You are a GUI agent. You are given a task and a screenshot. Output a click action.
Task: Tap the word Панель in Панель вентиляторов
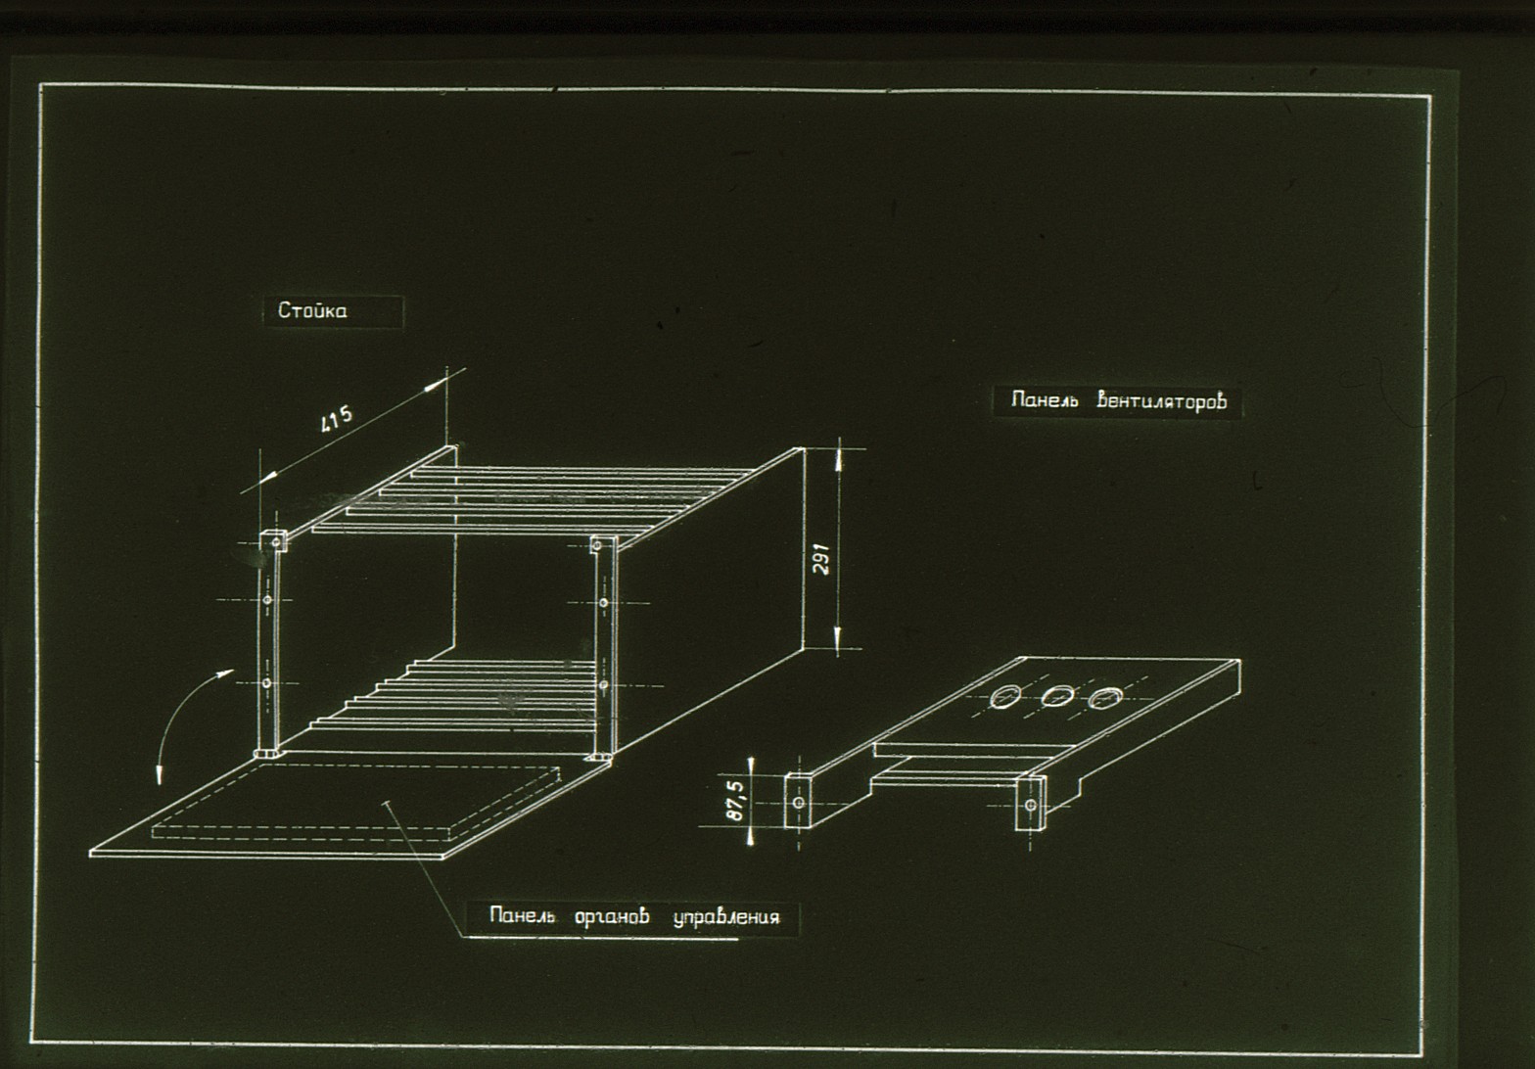coord(1045,400)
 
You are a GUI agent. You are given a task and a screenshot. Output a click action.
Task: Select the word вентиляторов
coord(1161,400)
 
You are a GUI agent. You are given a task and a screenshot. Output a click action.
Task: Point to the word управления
coord(726,917)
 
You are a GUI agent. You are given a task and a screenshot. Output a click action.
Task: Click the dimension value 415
coord(337,419)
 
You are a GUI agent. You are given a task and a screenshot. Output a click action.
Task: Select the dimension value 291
coord(822,559)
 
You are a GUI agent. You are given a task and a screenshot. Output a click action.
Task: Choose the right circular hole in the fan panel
coord(1104,698)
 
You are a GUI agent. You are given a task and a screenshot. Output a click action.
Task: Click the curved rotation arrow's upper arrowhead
coord(224,674)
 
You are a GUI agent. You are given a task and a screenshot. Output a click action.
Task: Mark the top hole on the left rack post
coord(275,542)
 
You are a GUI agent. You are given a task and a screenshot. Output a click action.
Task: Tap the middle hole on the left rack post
coord(268,600)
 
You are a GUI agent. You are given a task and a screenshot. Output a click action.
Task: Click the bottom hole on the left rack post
coord(267,683)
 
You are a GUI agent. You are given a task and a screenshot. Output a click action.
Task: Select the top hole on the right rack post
coord(597,545)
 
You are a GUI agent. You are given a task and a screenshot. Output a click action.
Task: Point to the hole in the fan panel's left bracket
coord(799,803)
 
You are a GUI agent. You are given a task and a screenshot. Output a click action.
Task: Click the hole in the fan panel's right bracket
coord(1031,805)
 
